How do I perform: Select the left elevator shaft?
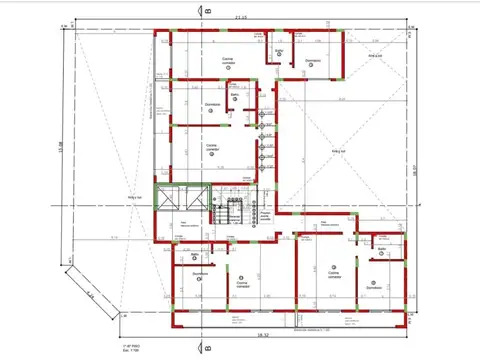[170, 199]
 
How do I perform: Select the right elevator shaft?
[194, 199]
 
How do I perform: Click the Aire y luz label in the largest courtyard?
[339, 152]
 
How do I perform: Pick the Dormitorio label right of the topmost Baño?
[313, 61]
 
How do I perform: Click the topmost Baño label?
[280, 50]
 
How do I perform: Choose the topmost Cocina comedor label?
[228, 61]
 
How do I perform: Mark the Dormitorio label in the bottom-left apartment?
[200, 273]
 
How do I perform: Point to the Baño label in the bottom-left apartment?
[191, 256]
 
